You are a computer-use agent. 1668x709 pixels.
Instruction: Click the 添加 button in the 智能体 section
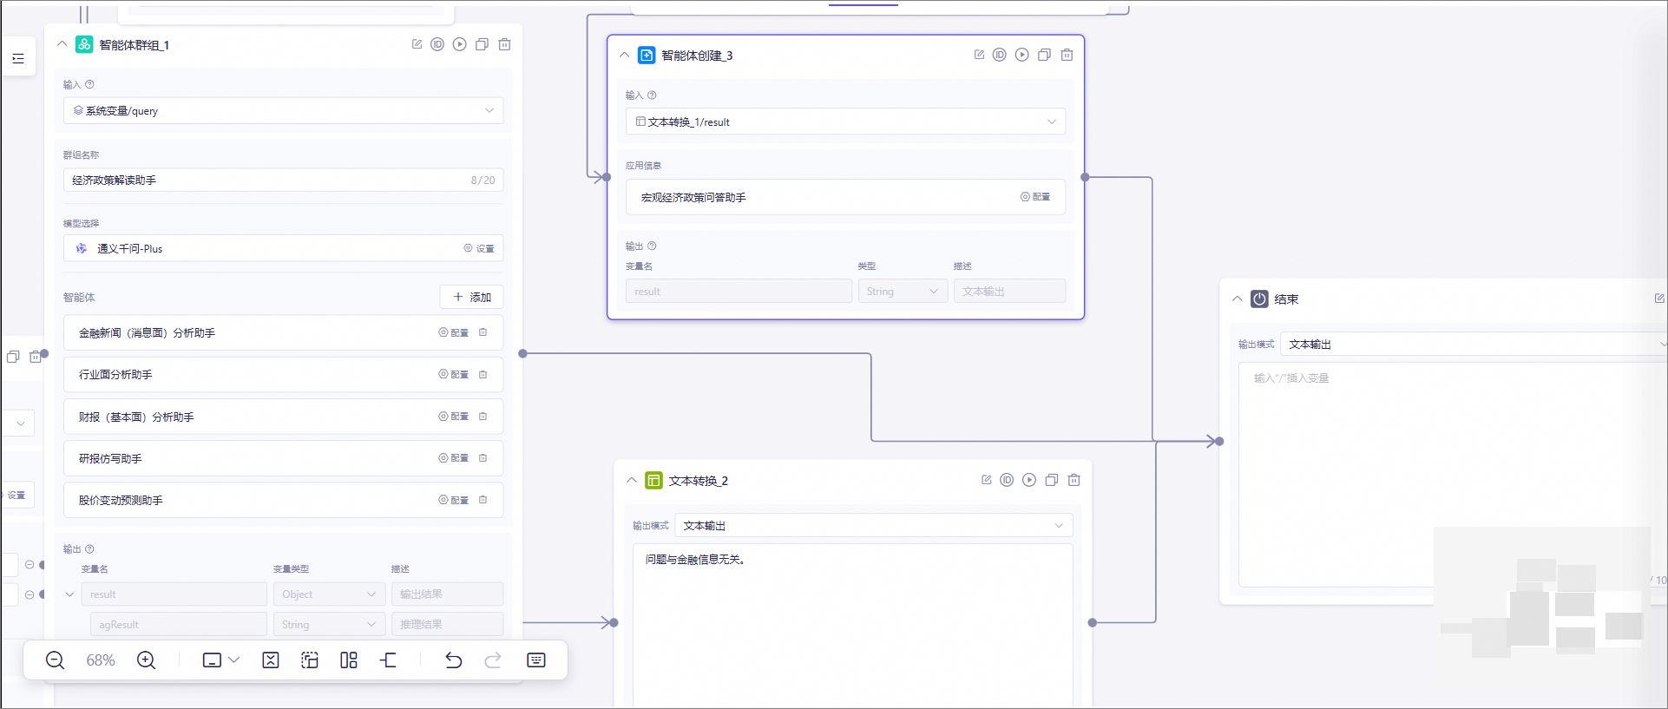click(x=471, y=297)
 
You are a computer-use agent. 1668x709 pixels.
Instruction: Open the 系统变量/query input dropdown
click(x=283, y=111)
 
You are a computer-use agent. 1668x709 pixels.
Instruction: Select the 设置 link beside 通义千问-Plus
click(x=479, y=248)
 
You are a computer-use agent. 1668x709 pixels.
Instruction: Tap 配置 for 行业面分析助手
click(x=454, y=375)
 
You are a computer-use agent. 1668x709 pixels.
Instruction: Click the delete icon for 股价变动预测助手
click(x=483, y=500)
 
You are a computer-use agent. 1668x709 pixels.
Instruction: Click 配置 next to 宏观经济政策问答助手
click(x=1035, y=197)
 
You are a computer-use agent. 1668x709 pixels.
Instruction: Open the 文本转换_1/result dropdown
click(x=845, y=122)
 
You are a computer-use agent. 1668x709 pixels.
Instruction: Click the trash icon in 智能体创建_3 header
click(x=1067, y=55)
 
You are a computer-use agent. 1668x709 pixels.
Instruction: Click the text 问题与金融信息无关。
click(x=694, y=560)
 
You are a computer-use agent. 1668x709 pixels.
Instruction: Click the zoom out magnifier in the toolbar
click(x=55, y=660)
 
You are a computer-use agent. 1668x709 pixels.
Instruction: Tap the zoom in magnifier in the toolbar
click(x=147, y=660)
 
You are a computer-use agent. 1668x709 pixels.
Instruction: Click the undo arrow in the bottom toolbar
click(x=453, y=660)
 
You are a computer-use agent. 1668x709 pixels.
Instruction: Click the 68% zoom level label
click(x=101, y=660)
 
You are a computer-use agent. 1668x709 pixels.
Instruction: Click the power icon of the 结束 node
click(x=1259, y=299)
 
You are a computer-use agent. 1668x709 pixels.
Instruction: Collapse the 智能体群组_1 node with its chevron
click(x=62, y=44)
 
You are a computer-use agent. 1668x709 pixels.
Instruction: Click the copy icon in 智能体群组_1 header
click(x=482, y=44)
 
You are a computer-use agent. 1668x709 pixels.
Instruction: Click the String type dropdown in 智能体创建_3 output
click(x=902, y=292)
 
